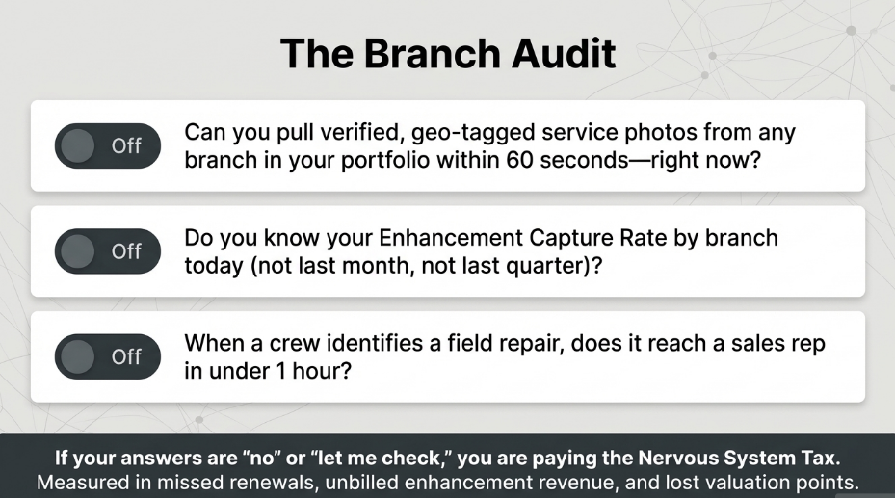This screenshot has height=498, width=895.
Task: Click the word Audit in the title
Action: [x=564, y=53]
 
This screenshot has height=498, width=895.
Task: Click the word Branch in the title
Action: [x=432, y=53]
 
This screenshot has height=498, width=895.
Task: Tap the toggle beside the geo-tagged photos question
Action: [x=107, y=145]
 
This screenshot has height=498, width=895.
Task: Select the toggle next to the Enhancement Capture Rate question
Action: [x=107, y=251]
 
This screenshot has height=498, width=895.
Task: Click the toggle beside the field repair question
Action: [x=107, y=356]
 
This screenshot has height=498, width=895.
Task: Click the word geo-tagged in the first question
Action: [x=472, y=133]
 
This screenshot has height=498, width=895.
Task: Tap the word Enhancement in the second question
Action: [x=450, y=238]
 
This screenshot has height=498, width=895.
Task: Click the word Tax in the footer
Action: [x=821, y=459]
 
